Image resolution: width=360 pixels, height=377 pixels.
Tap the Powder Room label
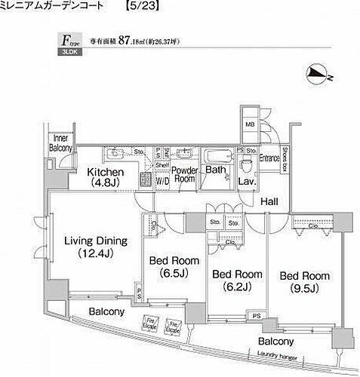tap(186, 175)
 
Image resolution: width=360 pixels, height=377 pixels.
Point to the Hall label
tap(269, 201)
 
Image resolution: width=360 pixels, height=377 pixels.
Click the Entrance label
tap(270, 158)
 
